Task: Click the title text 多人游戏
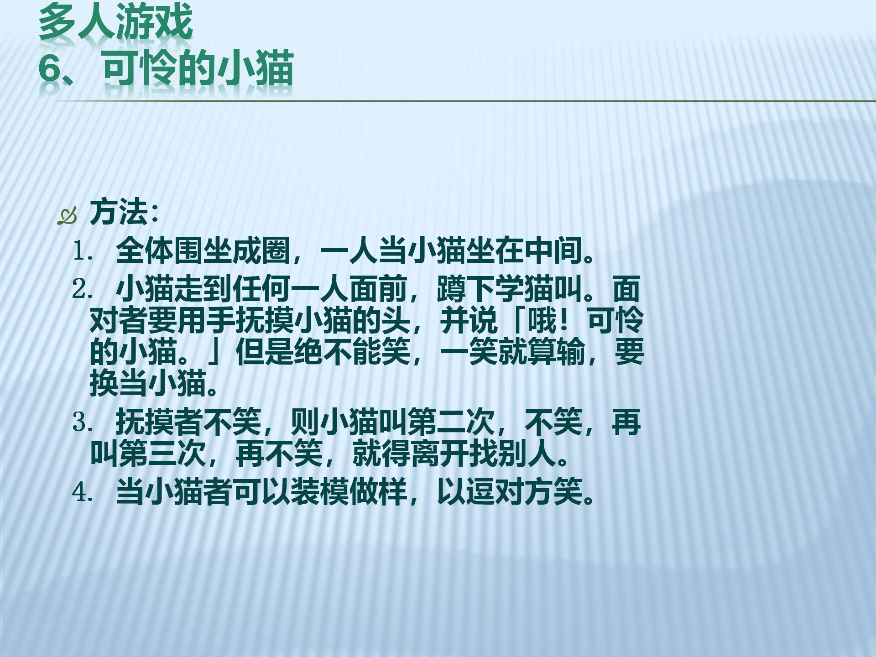[x=115, y=22]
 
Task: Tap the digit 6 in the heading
[x=50, y=69]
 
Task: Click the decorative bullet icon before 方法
[x=67, y=216]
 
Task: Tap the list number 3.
[x=83, y=423]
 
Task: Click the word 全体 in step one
[x=145, y=251]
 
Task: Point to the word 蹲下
[x=466, y=289]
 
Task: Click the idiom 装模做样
[x=349, y=492]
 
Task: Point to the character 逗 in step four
[x=480, y=492]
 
